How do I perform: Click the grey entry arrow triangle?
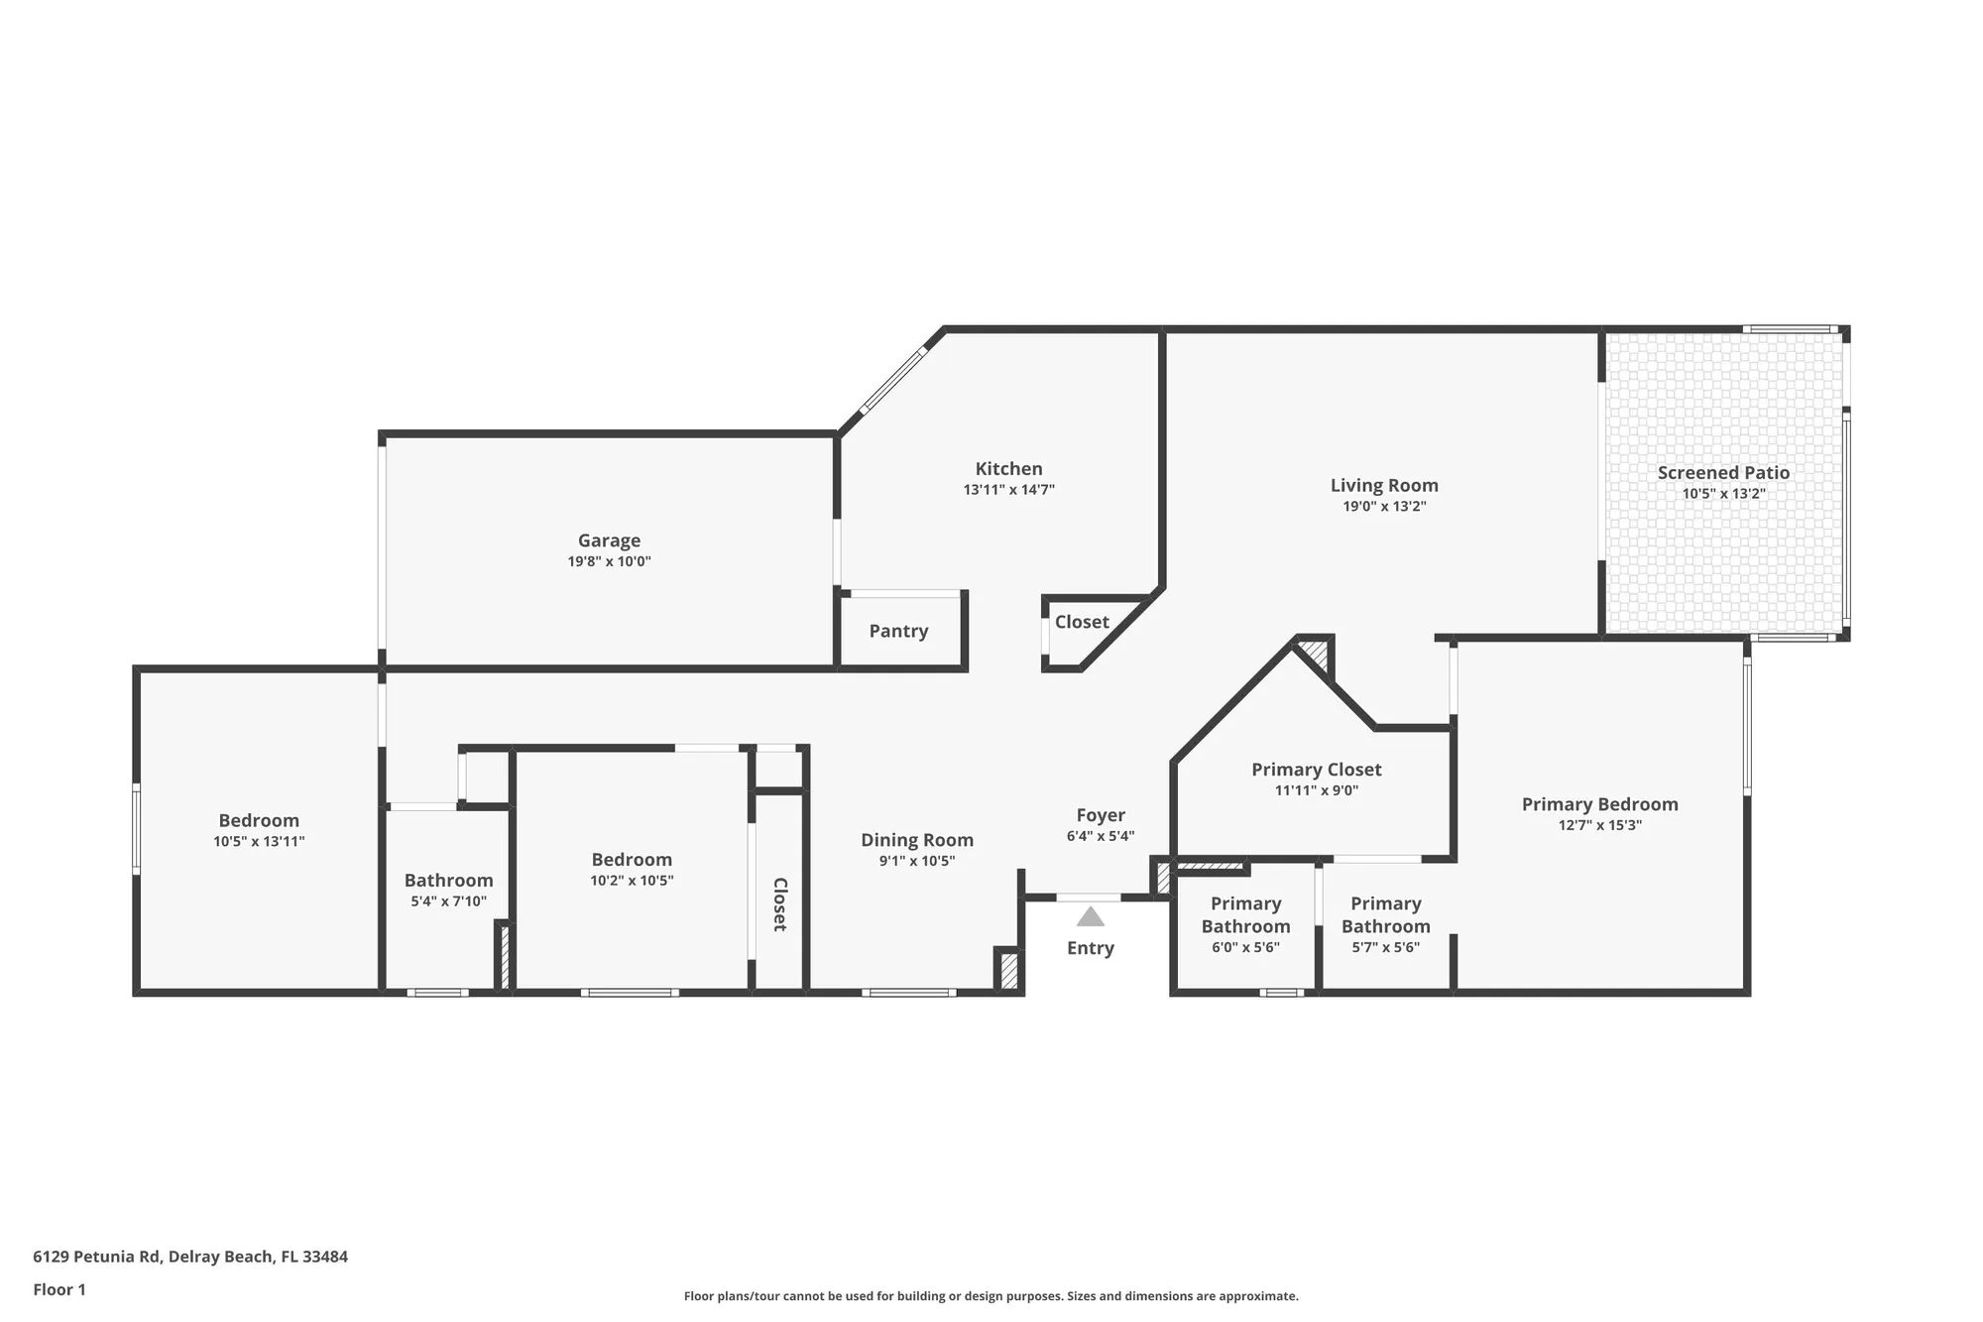click(1091, 917)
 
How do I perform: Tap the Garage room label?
click(609, 541)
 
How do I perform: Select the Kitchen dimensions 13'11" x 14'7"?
click(1008, 490)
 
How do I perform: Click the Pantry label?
click(898, 631)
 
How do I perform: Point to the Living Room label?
click(1384, 485)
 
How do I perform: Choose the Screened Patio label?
click(1723, 473)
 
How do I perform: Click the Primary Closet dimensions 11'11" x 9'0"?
click(1316, 790)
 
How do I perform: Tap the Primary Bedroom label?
click(1599, 804)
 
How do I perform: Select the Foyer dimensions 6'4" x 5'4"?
click(1100, 836)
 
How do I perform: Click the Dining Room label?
click(916, 840)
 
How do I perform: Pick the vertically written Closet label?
click(779, 903)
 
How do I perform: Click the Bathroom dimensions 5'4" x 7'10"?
click(448, 901)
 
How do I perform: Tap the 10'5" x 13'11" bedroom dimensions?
click(259, 841)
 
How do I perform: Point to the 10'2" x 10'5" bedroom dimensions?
click(632, 881)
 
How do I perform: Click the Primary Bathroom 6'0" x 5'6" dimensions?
click(1245, 947)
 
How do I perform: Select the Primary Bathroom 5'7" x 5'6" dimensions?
click(1385, 947)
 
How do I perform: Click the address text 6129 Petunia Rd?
click(96, 1257)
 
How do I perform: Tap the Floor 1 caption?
click(59, 1289)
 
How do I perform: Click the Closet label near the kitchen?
click(1081, 622)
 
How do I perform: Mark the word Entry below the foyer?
click(1090, 948)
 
